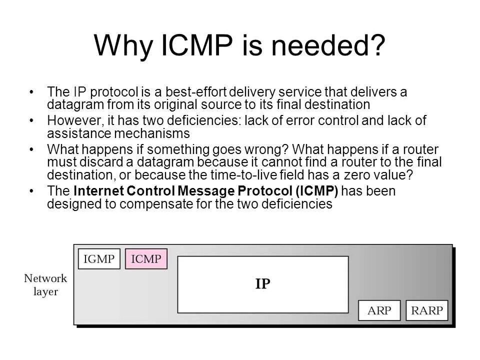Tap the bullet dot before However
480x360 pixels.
[x=32, y=121]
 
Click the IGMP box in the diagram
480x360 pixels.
[x=99, y=258]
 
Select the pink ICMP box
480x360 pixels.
[x=146, y=258]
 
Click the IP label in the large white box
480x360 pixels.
[x=263, y=284]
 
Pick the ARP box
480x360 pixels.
[x=379, y=310]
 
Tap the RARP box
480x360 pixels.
[x=426, y=310]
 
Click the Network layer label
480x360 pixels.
[x=45, y=284]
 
